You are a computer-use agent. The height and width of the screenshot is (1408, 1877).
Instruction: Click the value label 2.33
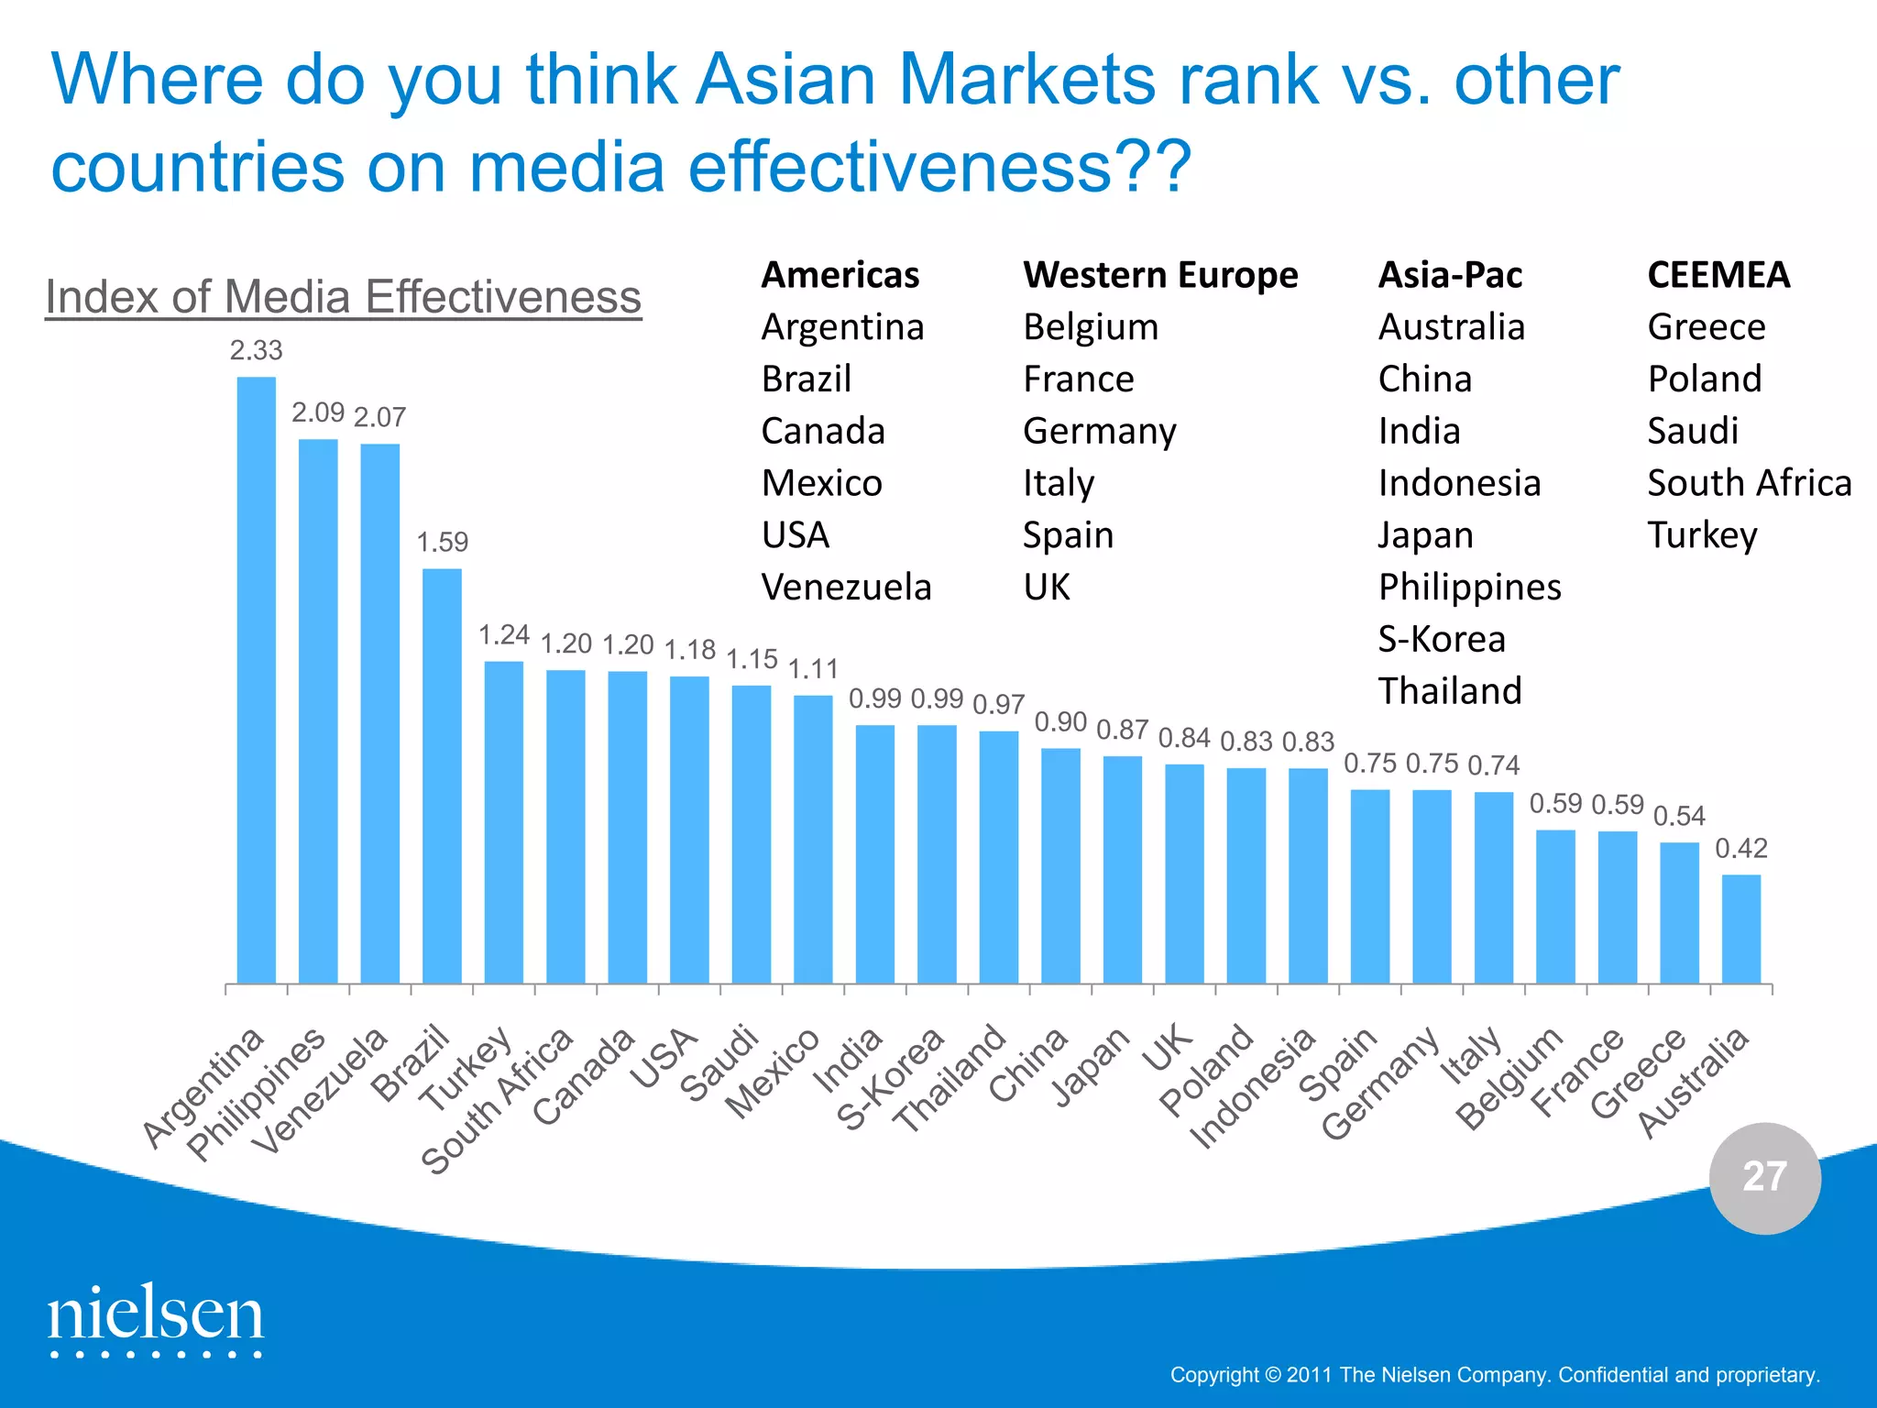[256, 351]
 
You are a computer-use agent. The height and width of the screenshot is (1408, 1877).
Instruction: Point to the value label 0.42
[1740, 849]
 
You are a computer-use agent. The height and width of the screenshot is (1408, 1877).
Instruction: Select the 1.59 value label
[442, 543]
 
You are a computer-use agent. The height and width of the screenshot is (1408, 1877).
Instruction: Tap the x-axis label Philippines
[257, 1094]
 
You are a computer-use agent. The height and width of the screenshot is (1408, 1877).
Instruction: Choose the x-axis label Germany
[1381, 1084]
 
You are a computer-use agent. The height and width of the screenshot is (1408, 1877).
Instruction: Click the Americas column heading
[840, 275]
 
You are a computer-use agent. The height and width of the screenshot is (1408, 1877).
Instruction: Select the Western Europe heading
[1160, 275]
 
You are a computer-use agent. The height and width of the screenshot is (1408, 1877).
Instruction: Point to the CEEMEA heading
[1718, 275]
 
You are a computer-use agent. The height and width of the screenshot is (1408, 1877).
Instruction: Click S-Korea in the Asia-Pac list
[1442, 639]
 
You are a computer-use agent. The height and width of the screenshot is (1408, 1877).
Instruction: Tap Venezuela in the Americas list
[846, 587]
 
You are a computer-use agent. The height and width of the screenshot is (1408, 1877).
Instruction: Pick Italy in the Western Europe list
[1059, 483]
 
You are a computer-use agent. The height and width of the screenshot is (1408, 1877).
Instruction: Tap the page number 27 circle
[1764, 1178]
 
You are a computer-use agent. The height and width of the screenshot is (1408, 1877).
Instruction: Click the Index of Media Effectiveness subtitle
[343, 297]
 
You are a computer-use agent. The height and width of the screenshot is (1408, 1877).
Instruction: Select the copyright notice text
[1495, 1375]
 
